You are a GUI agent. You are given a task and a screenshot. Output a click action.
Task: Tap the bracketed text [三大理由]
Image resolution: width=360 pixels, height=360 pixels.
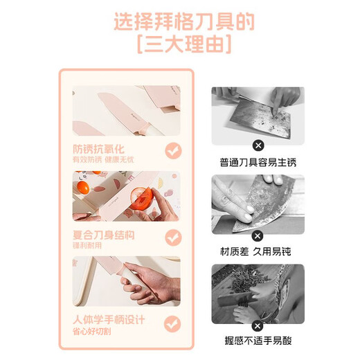[183, 46]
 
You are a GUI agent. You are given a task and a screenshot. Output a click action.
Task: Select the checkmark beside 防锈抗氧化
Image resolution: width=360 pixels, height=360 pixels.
[172, 151]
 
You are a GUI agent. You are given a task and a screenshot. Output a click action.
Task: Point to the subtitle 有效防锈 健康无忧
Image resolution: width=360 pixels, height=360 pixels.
[104, 160]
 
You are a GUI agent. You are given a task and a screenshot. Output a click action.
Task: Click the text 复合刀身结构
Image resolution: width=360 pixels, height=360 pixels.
[104, 235]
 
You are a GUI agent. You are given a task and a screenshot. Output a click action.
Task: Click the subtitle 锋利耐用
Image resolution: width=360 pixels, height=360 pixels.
[87, 246]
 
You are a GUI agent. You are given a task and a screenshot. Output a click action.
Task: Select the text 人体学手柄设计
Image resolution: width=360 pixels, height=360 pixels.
[109, 320]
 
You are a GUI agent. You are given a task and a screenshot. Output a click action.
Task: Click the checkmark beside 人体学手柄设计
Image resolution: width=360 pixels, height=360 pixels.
[172, 323]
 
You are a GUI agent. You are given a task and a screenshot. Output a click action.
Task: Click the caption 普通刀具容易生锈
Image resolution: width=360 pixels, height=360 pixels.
[258, 162]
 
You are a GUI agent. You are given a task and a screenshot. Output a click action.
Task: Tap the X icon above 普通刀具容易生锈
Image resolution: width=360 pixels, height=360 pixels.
[258, 145]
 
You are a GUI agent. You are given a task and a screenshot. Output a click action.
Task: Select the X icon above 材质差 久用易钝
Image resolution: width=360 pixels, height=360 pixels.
[258, 234]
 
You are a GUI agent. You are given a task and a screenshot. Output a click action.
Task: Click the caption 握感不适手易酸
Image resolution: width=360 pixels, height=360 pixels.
[258, 341]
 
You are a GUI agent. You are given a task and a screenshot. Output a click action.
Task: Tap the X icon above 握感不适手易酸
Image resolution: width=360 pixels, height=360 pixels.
[258, 324]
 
